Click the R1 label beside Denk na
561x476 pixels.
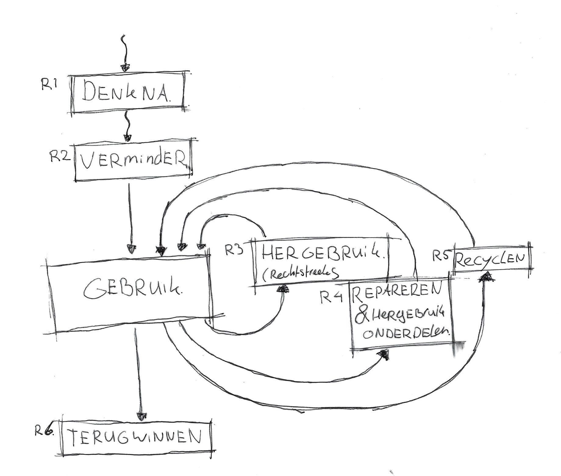pos(49,85)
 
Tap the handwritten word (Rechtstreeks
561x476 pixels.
pos(300,274)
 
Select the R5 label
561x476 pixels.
pos(441,256)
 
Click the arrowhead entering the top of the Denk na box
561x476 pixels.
pos(124,67)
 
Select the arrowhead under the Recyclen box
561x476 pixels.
pos(487,276)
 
